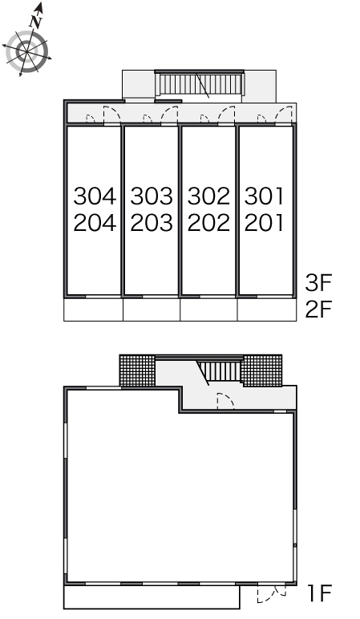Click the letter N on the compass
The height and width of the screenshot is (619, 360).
36,22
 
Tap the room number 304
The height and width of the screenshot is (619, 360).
95,196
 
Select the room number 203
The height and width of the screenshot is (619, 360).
152,223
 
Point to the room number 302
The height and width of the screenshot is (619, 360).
208,196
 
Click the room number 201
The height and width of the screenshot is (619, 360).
264,223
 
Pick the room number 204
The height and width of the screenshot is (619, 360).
95,223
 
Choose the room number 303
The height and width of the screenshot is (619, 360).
152,196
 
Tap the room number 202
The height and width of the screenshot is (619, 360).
208,223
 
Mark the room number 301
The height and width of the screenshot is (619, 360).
264,196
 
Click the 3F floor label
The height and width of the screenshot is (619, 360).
318,283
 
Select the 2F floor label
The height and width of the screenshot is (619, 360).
318,309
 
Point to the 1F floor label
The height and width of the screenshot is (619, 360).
319,593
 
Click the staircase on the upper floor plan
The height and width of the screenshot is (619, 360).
200,84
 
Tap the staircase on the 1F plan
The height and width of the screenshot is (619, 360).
220,371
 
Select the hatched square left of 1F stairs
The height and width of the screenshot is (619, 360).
137,370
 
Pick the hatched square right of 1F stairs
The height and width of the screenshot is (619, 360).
262,370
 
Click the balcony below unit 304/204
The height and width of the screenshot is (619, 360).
94,309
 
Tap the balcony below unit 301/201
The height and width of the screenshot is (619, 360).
267,309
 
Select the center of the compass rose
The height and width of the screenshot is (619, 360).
26,51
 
